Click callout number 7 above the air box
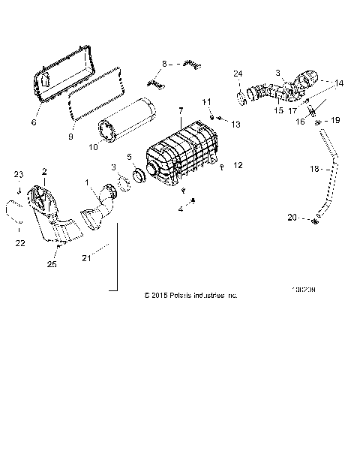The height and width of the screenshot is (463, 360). (179, 111)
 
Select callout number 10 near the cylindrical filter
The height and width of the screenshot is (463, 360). (93, 148)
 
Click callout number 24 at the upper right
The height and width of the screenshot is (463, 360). (238, 74)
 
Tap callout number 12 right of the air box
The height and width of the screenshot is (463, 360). (238, 164)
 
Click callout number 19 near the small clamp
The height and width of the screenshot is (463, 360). (335, 119)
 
